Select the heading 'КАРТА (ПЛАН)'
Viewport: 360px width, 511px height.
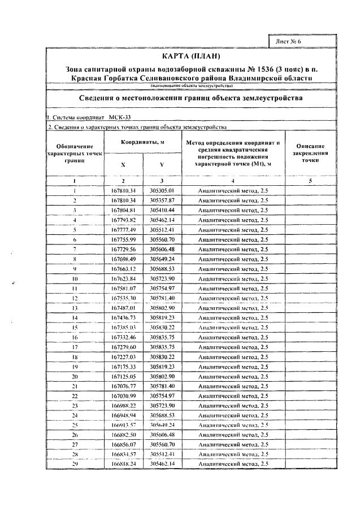(x=190, y=57)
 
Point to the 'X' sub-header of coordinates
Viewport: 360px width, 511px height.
(x=123, y=165)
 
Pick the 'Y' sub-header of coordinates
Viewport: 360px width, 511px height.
(x=162, y=165)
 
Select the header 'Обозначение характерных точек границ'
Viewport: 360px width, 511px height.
(x=75, y=153)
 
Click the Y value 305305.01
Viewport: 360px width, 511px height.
(x=162, y=190)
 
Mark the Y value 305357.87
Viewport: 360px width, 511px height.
(x=162, y=200)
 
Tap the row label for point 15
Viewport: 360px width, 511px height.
(x=75, y=327)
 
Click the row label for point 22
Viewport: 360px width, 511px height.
(x=75, y=395)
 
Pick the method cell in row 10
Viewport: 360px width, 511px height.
(x=233, y=278)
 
